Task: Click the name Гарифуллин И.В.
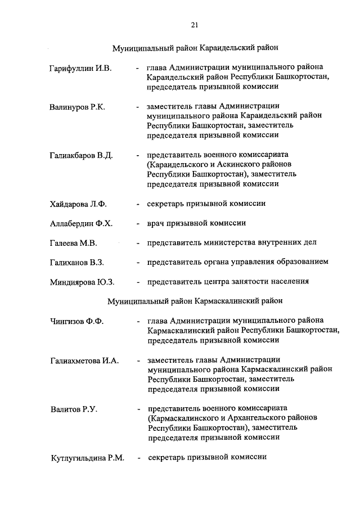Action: [x=81, y=69]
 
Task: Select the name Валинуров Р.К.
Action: [x=78, y=107]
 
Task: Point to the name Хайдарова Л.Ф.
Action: [x=79, y=204]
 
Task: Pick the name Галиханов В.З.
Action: [x=77, y=263]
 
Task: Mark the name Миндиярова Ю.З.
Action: [x=82, y=282]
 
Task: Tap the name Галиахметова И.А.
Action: [x=84, y=361]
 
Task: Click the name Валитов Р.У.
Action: [x=74, y=409]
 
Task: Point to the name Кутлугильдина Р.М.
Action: [x=87, y=457]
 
